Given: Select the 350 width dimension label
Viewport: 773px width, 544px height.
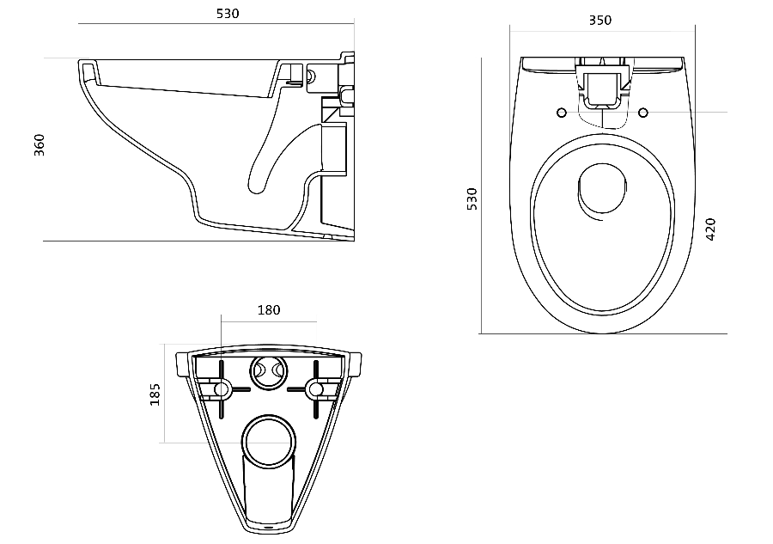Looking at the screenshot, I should coord(600,20).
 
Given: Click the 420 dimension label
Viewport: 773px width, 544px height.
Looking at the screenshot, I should coord(710,229).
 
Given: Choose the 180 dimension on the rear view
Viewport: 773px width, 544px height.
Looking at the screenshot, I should coord(269,310).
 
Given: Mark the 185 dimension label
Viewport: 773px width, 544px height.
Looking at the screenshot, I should coord(155,394).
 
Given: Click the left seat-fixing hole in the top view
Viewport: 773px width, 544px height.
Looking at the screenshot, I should coord(561,112).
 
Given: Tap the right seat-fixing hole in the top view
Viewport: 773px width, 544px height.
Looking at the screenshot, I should coord(643,112).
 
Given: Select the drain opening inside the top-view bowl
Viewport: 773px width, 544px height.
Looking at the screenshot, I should coord(604,188).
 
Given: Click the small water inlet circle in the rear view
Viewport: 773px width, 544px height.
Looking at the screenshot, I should coord(270,371).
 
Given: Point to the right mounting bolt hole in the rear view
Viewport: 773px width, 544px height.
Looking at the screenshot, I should coord(317,389).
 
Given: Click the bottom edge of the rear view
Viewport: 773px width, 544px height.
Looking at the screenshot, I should coord(270,526).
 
